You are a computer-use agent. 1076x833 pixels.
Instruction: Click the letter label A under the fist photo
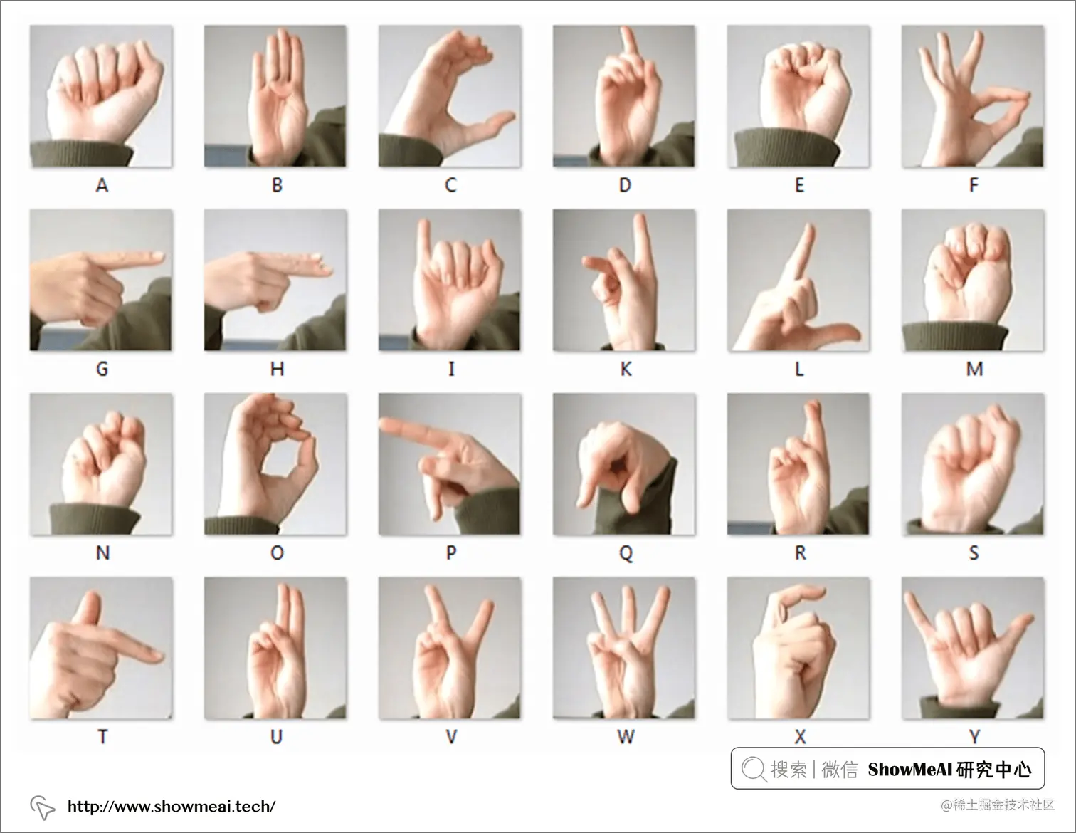click(x=102, y=185)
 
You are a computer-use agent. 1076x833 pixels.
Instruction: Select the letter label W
click(x=626, y=737)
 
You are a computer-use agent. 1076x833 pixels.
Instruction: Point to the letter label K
click(x=626, y=369)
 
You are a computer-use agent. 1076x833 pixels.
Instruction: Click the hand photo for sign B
click(x=275, y=96)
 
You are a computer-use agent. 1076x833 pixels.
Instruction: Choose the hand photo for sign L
click(x=798, y=281)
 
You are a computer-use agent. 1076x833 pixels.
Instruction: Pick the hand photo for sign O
click(x=275, y=464)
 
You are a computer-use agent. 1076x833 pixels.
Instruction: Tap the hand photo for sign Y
click(x=973, y=648)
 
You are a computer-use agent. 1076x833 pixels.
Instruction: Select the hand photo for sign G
click(x=101, y=281)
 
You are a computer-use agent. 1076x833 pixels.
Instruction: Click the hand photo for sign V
click(x=450, y=648)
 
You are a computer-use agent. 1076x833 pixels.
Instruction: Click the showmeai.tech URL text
click(x=172, y=806)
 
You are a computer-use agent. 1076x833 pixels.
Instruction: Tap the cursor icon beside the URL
click(x=43, y=808)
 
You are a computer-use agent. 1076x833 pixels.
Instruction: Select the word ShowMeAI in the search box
click(x=910, y=769)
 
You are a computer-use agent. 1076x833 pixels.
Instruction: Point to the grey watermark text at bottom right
click(x=998, y=805)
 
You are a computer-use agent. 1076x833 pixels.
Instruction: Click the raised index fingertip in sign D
click(x=628, y=31)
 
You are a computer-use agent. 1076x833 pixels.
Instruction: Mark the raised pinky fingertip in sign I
click(x=423, y=224)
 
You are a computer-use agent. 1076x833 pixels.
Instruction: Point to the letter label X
click(x=800, y=737)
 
